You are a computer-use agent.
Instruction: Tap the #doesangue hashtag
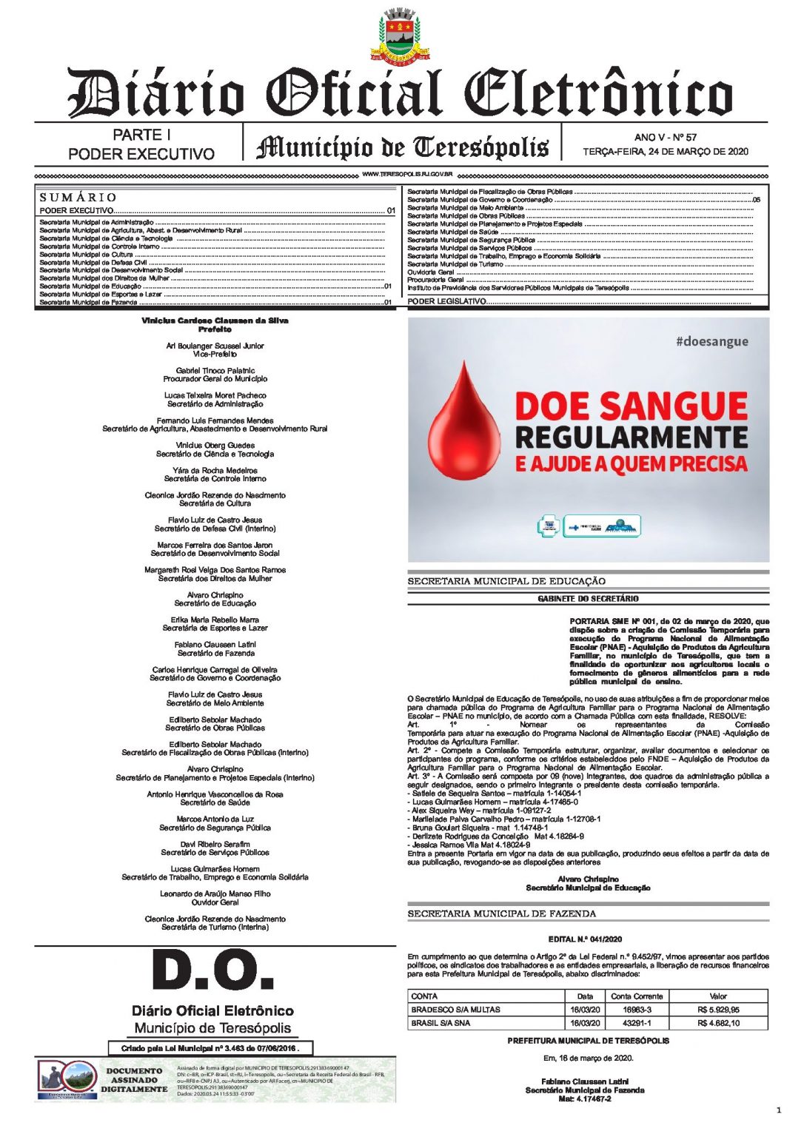coord(711,341)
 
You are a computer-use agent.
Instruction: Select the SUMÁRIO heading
coord(78,198)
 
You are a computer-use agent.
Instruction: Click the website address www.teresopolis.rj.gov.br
coord(407,175)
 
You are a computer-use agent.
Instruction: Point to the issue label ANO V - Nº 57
coord(665,137)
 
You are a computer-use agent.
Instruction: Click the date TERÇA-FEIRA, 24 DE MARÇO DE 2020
coord(665,152)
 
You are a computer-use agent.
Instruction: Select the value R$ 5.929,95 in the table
coord(717,1010)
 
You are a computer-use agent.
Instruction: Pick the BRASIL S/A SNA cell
coord(440,1023)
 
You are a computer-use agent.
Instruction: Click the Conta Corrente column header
coord(637,996)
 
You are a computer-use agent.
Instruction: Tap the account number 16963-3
coord(637,1010)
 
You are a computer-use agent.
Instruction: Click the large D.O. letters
coord(212,970)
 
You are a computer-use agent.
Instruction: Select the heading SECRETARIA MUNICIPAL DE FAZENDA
coord(501,914)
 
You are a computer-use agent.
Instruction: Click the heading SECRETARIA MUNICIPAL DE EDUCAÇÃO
coord(506,582)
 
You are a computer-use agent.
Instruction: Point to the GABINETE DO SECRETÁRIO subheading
coord(588,599)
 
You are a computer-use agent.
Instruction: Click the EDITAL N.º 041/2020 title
coord(585,939)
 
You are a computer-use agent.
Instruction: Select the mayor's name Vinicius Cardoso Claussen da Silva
coord(215,321)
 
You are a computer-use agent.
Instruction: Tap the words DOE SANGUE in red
coord(631,406)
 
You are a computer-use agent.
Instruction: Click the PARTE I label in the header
coord(141,135)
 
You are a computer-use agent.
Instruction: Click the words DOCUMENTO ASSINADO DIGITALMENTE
coord(134,1080)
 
